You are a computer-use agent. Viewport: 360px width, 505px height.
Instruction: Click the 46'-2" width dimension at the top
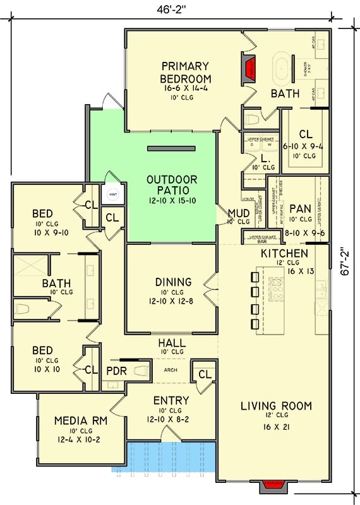(x=171, y=9)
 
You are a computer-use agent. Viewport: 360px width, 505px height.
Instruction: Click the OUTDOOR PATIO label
(x=172, y=185)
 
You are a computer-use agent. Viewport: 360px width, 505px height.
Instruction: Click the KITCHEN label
(x=284, y=254)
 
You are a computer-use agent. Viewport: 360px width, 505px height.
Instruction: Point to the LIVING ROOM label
(x=276, y=406)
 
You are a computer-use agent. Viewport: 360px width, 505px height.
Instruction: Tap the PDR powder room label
(x=117, y=371)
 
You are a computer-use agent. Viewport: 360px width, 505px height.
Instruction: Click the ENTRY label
(x=171, y=400)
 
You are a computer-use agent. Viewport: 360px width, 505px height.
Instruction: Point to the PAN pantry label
(x=297, y=209)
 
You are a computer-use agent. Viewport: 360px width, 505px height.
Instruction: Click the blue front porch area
(x=171, y=457)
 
